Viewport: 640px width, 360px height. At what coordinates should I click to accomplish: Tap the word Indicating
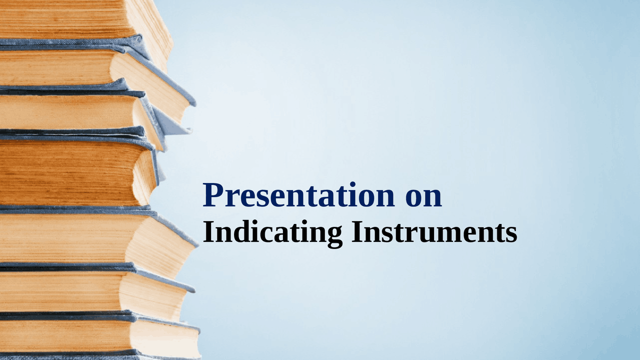[x=272, y=233]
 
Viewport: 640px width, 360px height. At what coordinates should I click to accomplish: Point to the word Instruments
[x=434, y=233]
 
